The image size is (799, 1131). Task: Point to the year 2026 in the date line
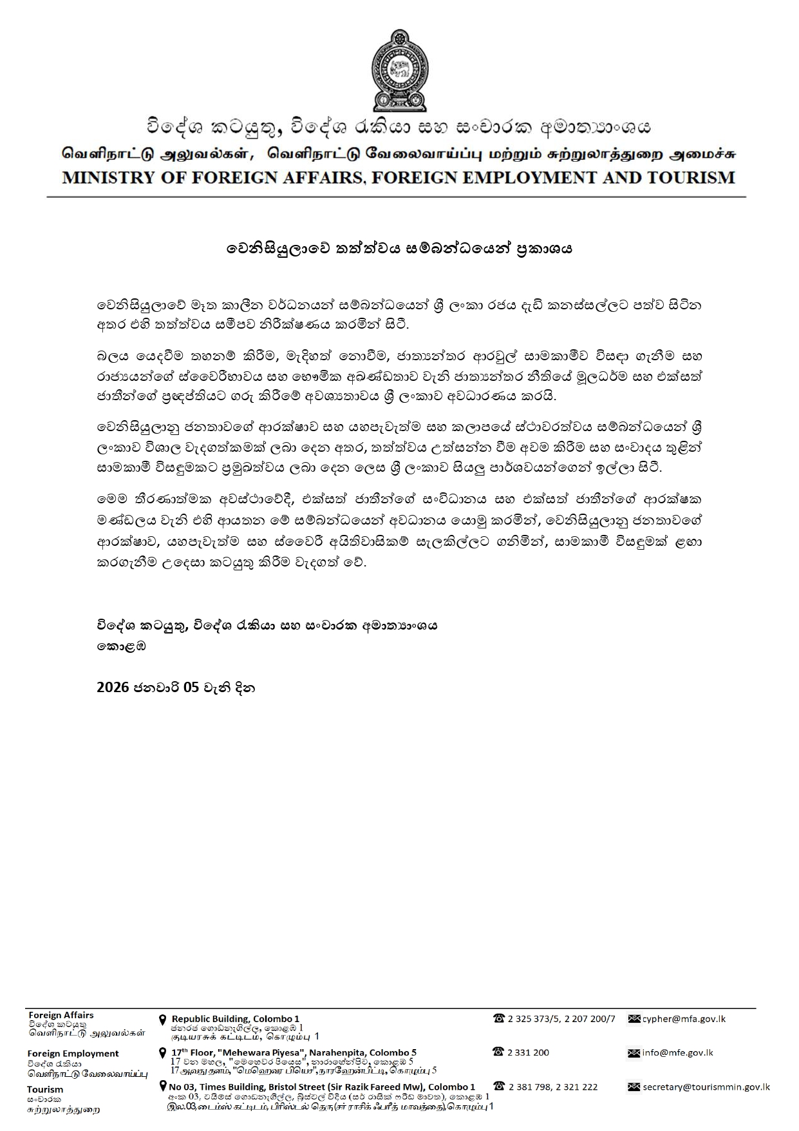(113, 688)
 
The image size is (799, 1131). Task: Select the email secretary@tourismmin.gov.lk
(706, 1087)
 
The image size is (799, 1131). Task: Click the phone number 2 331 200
(528, 1052)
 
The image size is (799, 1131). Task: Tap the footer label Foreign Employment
(73, 1054)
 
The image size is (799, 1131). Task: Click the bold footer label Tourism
(45, 1089)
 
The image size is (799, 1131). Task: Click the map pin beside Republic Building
(163, 1020)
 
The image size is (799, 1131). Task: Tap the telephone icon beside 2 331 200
(498, 1052)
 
